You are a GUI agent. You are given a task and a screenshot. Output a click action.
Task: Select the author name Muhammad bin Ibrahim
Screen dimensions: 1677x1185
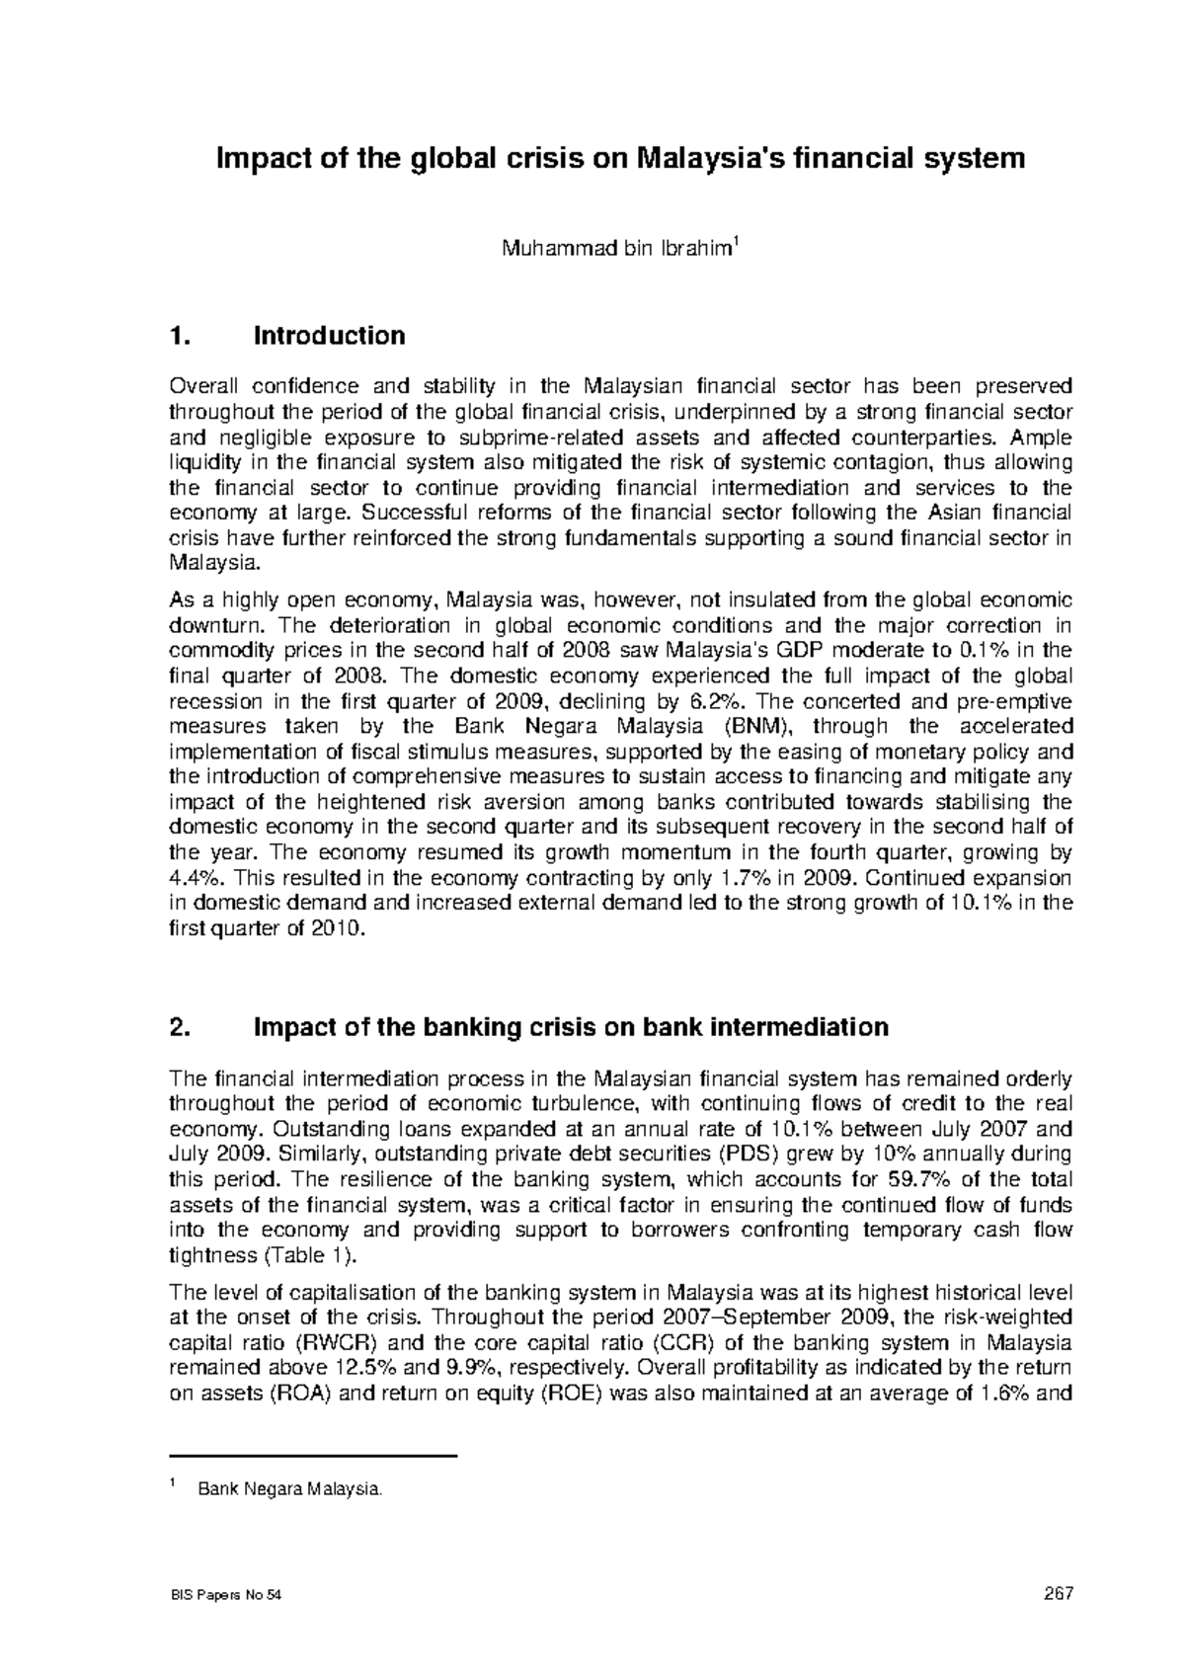615,250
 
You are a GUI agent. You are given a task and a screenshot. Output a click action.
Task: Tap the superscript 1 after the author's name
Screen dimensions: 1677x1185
733,243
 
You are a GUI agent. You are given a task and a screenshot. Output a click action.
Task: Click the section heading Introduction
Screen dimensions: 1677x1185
330,336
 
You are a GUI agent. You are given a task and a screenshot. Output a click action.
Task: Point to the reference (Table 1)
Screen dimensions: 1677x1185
308,1255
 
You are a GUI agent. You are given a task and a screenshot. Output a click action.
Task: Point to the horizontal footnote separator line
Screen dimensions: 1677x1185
314,1456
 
